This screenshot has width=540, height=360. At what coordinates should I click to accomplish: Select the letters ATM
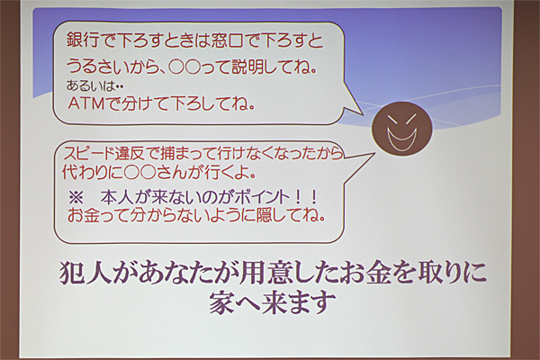86,103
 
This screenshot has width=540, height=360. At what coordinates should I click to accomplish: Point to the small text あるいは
90,85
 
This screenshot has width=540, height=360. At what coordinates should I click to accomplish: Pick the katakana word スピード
88,153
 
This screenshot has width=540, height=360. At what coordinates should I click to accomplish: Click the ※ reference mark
76,198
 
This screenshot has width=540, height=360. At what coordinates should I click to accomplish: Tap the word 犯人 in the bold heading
85,274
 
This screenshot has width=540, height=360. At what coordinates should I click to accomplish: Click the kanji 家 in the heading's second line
221,302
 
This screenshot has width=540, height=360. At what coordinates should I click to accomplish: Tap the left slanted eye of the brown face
392,121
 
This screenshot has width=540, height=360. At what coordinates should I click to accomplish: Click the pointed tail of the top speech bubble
363,114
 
